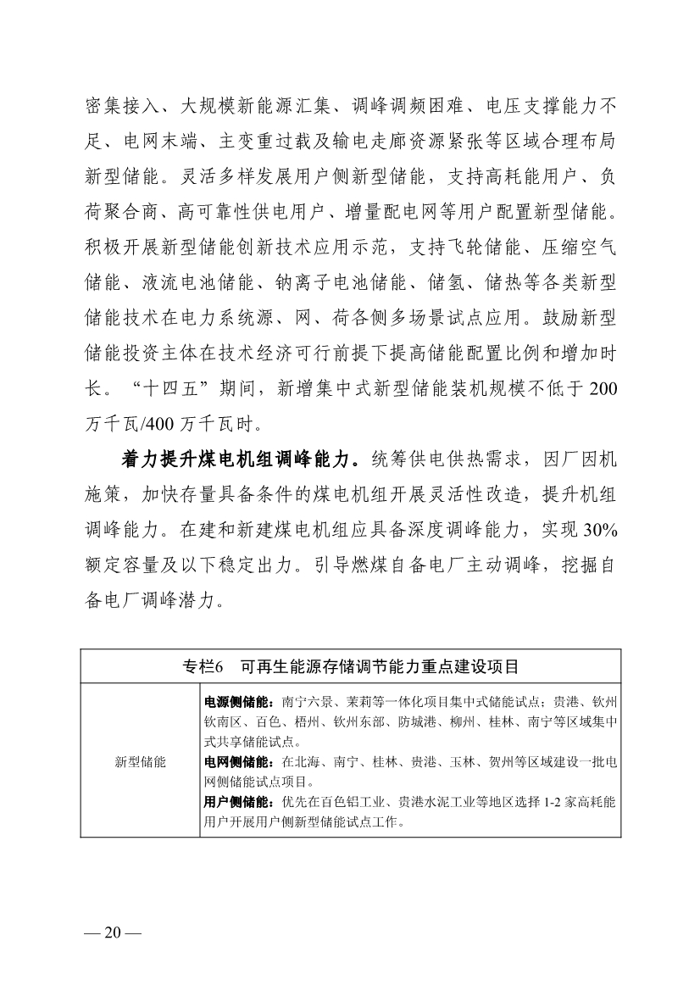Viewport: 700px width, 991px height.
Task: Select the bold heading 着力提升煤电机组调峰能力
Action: click(235, 459)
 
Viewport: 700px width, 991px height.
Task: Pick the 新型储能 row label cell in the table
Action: click(141, 760)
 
